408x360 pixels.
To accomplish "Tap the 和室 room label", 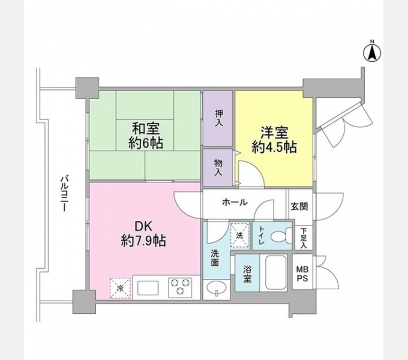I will pyautogui.click(x=146, y=135).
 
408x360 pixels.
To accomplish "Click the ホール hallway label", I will pyautogui.click(x=235, y=202).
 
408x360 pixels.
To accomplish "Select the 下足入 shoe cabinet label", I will pyautogui.click(x=304, y=238).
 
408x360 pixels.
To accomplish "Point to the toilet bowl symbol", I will pyautogui.click(x=280, y=236).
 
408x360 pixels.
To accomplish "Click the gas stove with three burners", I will pyautogui.click(x=180, y=287).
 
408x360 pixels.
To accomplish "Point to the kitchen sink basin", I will pyautogui.click(x=148, y=288).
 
